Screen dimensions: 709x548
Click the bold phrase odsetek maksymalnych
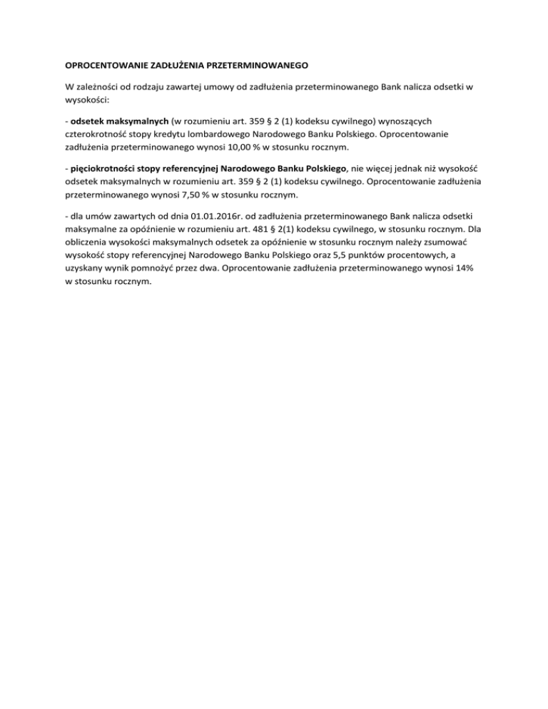point(118,122)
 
